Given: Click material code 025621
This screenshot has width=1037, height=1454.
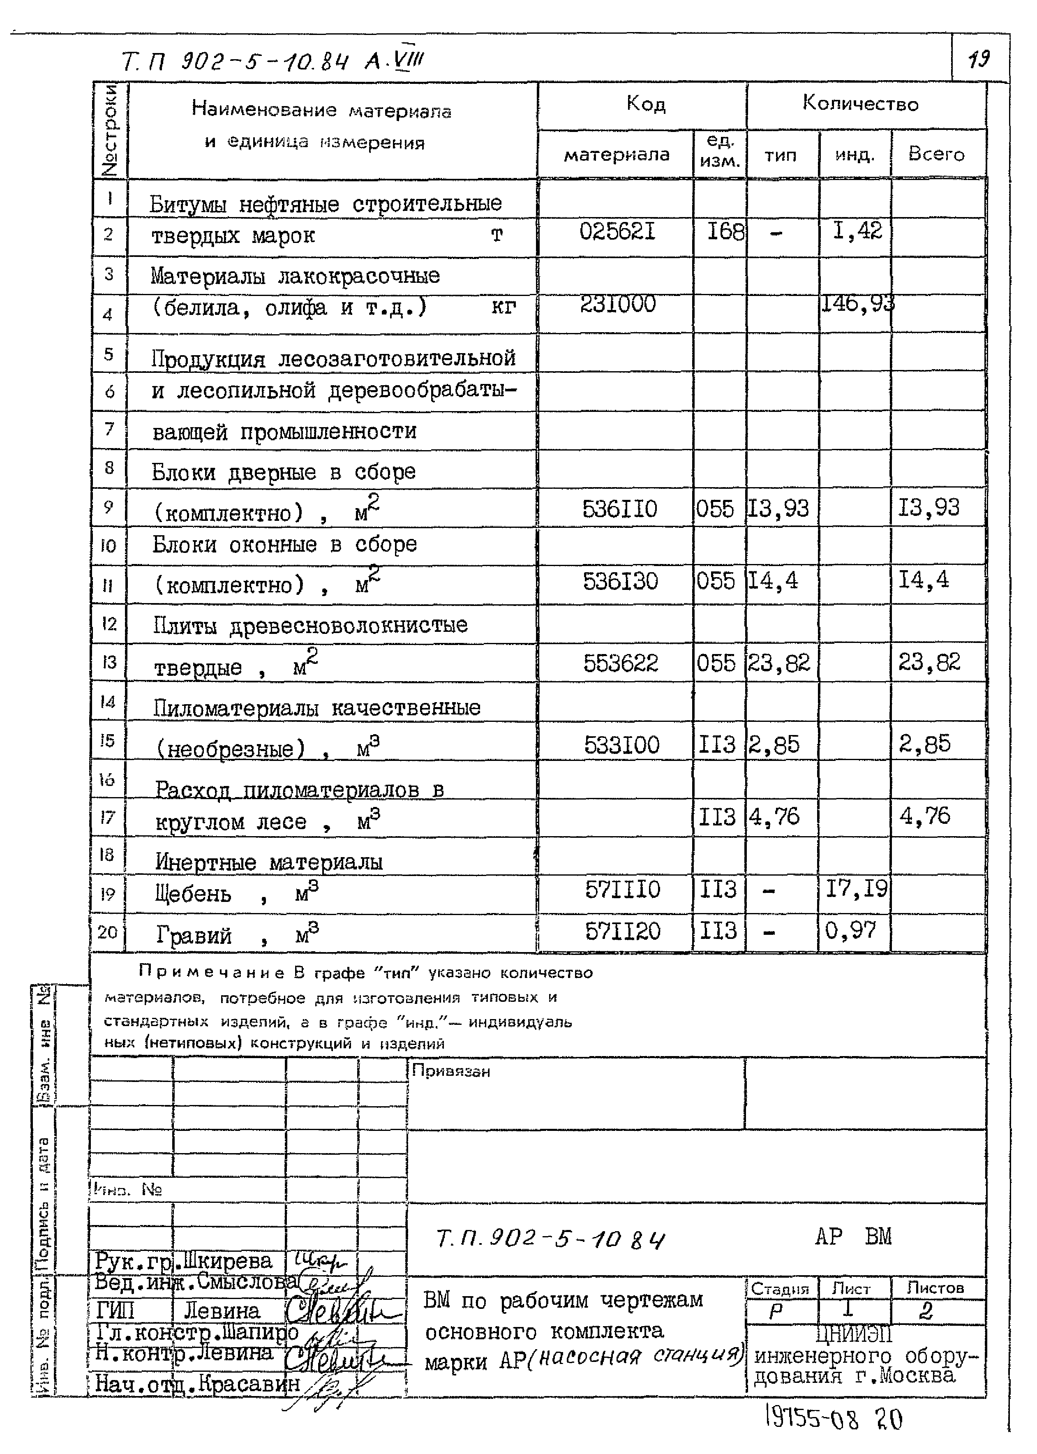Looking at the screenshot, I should click(617, 231).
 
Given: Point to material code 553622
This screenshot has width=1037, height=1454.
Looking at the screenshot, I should click(620, 663).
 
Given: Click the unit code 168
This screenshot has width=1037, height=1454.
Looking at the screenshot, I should click(725, 231).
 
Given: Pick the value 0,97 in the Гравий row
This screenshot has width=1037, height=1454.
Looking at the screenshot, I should click(850, 930).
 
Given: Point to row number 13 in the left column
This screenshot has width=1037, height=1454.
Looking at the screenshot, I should click(109, 661).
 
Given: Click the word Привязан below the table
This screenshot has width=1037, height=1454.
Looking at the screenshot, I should click(451, 1071).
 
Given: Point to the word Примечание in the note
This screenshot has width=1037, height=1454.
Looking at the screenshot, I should click(211, 973).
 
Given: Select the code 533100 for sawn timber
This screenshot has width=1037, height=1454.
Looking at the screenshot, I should click(621, 744).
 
